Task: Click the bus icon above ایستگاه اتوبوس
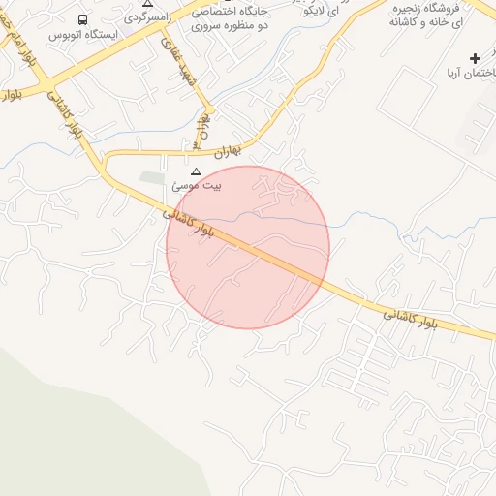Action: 82,19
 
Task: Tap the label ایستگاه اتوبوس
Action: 82,35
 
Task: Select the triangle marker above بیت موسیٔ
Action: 197,170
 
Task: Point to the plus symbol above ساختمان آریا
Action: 475,59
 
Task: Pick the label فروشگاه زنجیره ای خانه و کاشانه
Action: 429,14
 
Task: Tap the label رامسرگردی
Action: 147,17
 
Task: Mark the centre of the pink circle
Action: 248,247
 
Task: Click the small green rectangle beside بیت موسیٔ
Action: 152,178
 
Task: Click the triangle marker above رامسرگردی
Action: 147,4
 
